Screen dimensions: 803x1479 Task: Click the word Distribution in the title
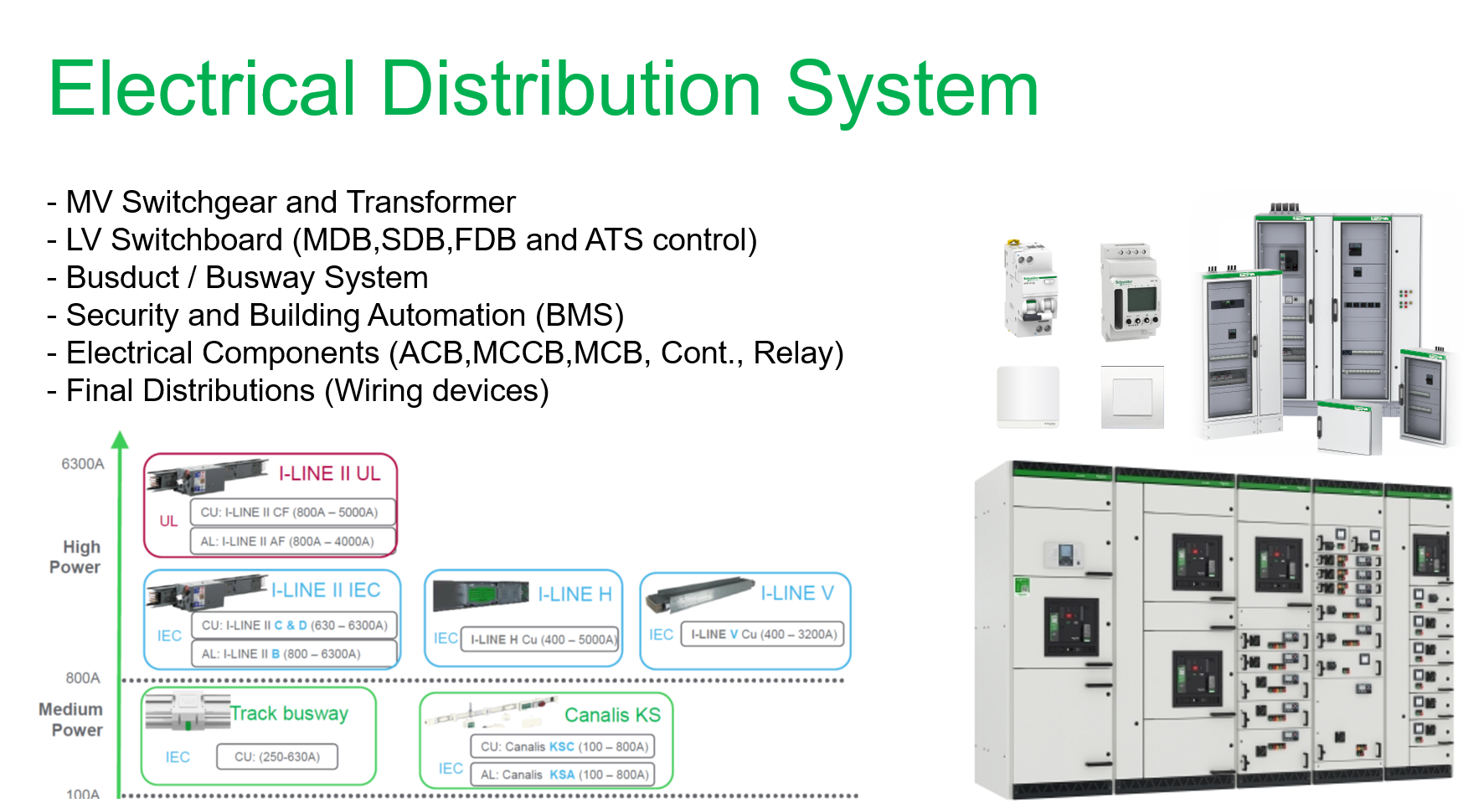570,89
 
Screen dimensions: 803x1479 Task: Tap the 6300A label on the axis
82,464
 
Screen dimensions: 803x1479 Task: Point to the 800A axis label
83,677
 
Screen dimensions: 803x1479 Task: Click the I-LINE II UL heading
329,474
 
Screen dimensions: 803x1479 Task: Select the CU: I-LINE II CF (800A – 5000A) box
290,512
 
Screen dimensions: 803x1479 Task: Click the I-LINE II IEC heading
326,590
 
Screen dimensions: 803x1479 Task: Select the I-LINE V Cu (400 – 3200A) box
764,635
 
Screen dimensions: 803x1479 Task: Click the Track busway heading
289,713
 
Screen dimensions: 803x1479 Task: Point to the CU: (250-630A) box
277,757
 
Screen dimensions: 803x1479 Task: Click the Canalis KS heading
612,715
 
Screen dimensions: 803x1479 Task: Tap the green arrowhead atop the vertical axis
121,440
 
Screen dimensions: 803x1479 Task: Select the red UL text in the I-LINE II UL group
168,521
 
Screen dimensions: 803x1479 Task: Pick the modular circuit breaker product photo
1031,288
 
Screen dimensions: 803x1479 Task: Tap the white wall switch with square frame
1132,398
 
